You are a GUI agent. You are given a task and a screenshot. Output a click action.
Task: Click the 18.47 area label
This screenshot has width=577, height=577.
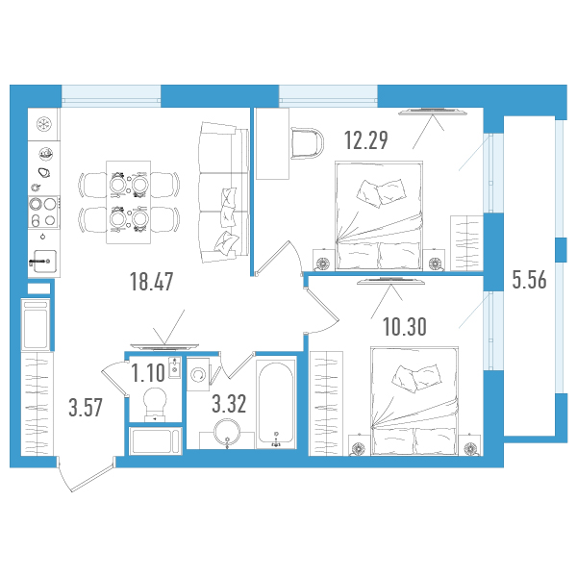tap(151, 282)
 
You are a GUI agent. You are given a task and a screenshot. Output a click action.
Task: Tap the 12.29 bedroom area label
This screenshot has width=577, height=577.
tap(366, 140)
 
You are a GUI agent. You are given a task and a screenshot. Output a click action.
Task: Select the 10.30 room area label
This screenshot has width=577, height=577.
tap(405, 326)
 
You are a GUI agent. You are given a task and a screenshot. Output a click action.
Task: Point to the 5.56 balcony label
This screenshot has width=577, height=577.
tap(530, 280)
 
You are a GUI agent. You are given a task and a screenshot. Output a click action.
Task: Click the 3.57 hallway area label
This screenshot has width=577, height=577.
tap(86, 408)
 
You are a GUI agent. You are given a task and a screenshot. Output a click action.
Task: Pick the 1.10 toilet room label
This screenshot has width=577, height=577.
tap(147, 373)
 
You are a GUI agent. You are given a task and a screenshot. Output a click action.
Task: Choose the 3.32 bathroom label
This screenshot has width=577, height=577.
tap(229, 404)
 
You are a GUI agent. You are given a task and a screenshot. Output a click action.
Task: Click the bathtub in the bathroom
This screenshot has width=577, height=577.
tap(276, 404)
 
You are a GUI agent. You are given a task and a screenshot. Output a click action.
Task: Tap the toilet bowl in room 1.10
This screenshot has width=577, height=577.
tap(155, 405)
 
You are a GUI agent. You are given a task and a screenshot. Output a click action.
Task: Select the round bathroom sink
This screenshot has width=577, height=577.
tap(227, 433)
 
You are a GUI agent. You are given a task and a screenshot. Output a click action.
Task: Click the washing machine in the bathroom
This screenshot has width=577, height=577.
tap(198, 374)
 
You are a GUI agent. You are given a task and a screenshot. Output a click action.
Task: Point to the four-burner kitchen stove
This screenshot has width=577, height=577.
tap(43, 213)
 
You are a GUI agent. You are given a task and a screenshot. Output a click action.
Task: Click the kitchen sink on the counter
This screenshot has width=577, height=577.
tap(45, 261)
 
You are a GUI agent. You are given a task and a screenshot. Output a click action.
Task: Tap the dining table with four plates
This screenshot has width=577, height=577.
tap(129, 202)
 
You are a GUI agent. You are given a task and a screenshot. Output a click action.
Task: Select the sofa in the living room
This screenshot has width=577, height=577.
tap(224, 192)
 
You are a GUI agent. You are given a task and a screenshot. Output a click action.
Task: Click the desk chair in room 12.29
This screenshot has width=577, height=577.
tap(308, 143)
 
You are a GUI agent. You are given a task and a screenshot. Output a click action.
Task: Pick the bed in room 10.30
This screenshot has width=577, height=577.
tap(415, 401)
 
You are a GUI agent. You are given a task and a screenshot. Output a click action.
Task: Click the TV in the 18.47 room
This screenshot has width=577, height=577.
tap(164, 346)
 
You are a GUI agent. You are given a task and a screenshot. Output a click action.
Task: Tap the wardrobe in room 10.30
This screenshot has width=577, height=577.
tap(326, 403)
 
